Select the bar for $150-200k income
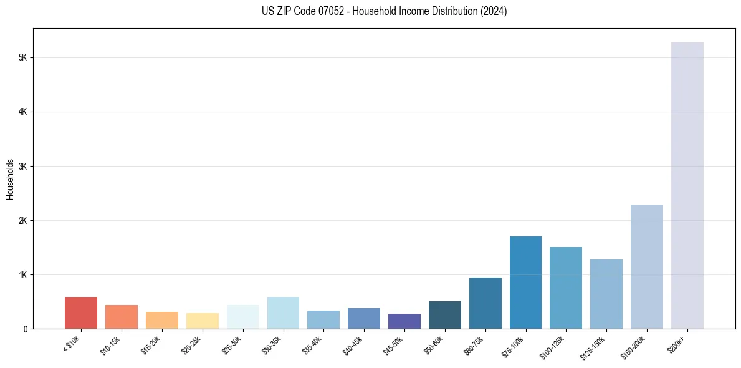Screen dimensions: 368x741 [x=646, y=267]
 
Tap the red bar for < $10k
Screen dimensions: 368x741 [x=81, y=313]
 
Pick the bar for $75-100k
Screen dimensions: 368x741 [x=525, y=283]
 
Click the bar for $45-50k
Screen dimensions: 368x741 [x=404, y=321]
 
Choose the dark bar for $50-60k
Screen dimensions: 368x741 [x=444, y=315]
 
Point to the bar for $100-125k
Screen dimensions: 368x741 [x=566, y=288]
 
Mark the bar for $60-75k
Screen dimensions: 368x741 [x=485, y=303]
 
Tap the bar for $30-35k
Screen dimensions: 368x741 [x=283, y=313]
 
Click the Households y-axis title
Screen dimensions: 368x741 [x=10, y=179]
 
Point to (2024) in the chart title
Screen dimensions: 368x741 [x=494, y=11]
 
